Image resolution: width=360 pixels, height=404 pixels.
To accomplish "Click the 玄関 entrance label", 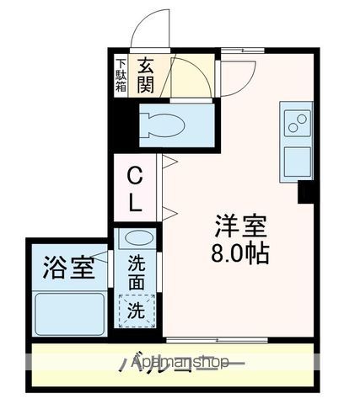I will (x=145, y=73).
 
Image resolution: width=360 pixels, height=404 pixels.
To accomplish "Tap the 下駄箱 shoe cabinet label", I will (x=121, y=73).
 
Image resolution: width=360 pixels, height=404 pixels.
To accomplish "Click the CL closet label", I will (x=134, y=189).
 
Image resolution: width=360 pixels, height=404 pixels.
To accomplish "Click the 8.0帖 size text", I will (x=240, y=253).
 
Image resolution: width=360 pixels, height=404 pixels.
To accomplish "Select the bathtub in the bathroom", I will (x=69, y=313).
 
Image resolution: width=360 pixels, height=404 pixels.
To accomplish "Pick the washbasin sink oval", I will (x=135, y=239).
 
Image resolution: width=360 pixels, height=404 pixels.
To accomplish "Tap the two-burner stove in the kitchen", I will (x=296, y=124).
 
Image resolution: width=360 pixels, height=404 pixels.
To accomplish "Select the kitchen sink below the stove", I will (x=296, y=161).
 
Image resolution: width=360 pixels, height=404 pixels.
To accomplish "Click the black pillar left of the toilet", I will (x=125, y=124).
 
